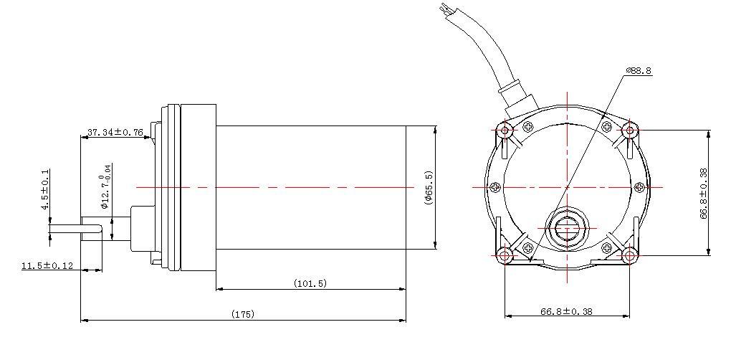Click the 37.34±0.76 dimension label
point(115,132)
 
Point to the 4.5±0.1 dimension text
point(45,189)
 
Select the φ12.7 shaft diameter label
point(105,186)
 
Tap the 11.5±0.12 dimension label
point(47,265)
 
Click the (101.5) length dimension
point(310,283)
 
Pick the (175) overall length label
point(243,314)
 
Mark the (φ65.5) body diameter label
point(429,187)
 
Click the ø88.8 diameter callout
point(639,70)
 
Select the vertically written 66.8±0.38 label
point(704,193)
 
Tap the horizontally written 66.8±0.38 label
point(566,311)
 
